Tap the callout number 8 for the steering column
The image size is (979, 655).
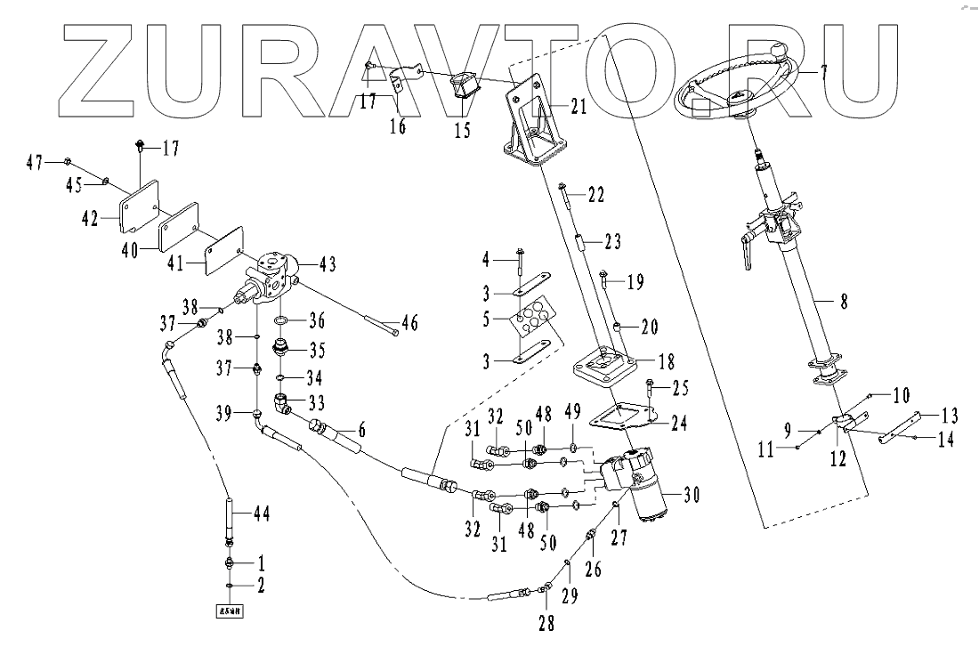[843, 301]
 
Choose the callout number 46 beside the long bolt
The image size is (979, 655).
[411, 322]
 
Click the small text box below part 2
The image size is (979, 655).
[230, 611]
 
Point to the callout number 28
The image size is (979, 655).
[546, 623]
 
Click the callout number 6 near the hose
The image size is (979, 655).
[360, 429]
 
